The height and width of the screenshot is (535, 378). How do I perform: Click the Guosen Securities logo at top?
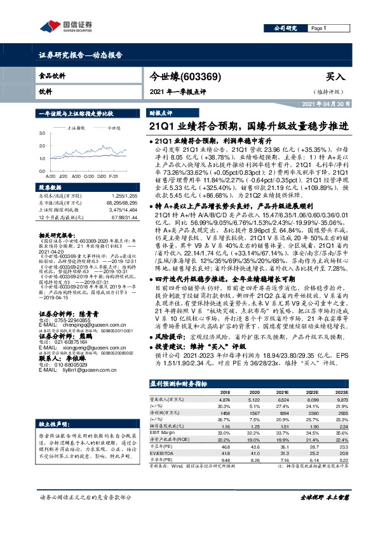point(64,26)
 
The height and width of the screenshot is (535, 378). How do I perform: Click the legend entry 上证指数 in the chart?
point(77,128)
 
